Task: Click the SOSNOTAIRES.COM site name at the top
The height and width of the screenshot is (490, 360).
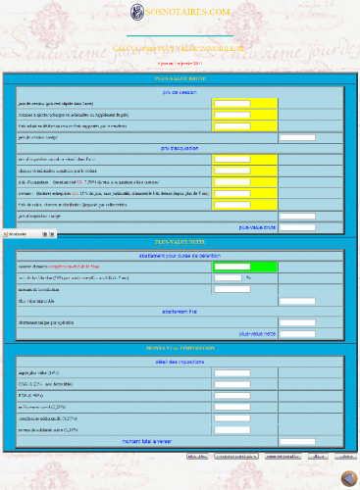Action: (x=187, y=11)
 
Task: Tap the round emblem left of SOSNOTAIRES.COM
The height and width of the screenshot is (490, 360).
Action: (x=136, y=11)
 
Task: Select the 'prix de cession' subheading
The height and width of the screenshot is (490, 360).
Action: (x=180, y=92)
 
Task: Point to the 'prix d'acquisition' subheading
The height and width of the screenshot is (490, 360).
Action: (x=180, y=148)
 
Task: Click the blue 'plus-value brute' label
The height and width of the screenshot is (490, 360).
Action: (x=258, y=226)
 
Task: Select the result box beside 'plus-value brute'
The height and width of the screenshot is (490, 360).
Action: (x=297, y=227)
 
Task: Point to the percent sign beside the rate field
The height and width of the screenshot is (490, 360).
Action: (x=249, y=278)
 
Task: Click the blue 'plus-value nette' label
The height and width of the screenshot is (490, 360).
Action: (x=258, y=333)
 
